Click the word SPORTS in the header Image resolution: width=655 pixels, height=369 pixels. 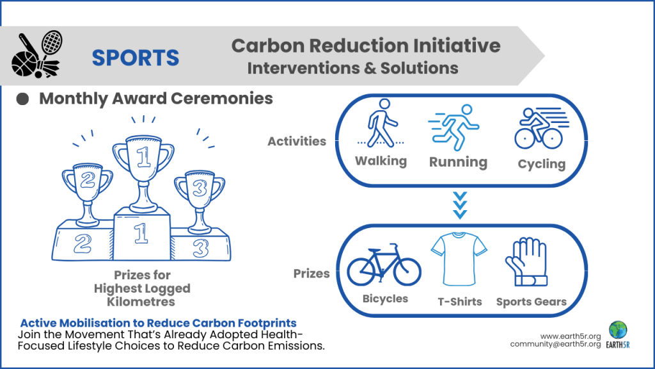(135, 58)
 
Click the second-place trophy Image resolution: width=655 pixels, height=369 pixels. (86, 189)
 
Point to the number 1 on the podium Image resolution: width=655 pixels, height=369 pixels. (141, 233)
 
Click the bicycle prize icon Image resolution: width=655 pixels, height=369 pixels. (384, 266)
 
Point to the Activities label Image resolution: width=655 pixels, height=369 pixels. (296, 141)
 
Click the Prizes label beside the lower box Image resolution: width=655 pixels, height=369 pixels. (312, 274)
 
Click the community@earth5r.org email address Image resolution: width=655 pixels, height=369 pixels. (555, 345)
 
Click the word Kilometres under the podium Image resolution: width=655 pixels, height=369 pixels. (142, 301)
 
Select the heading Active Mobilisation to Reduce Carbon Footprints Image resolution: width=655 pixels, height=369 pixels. (159, 323)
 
